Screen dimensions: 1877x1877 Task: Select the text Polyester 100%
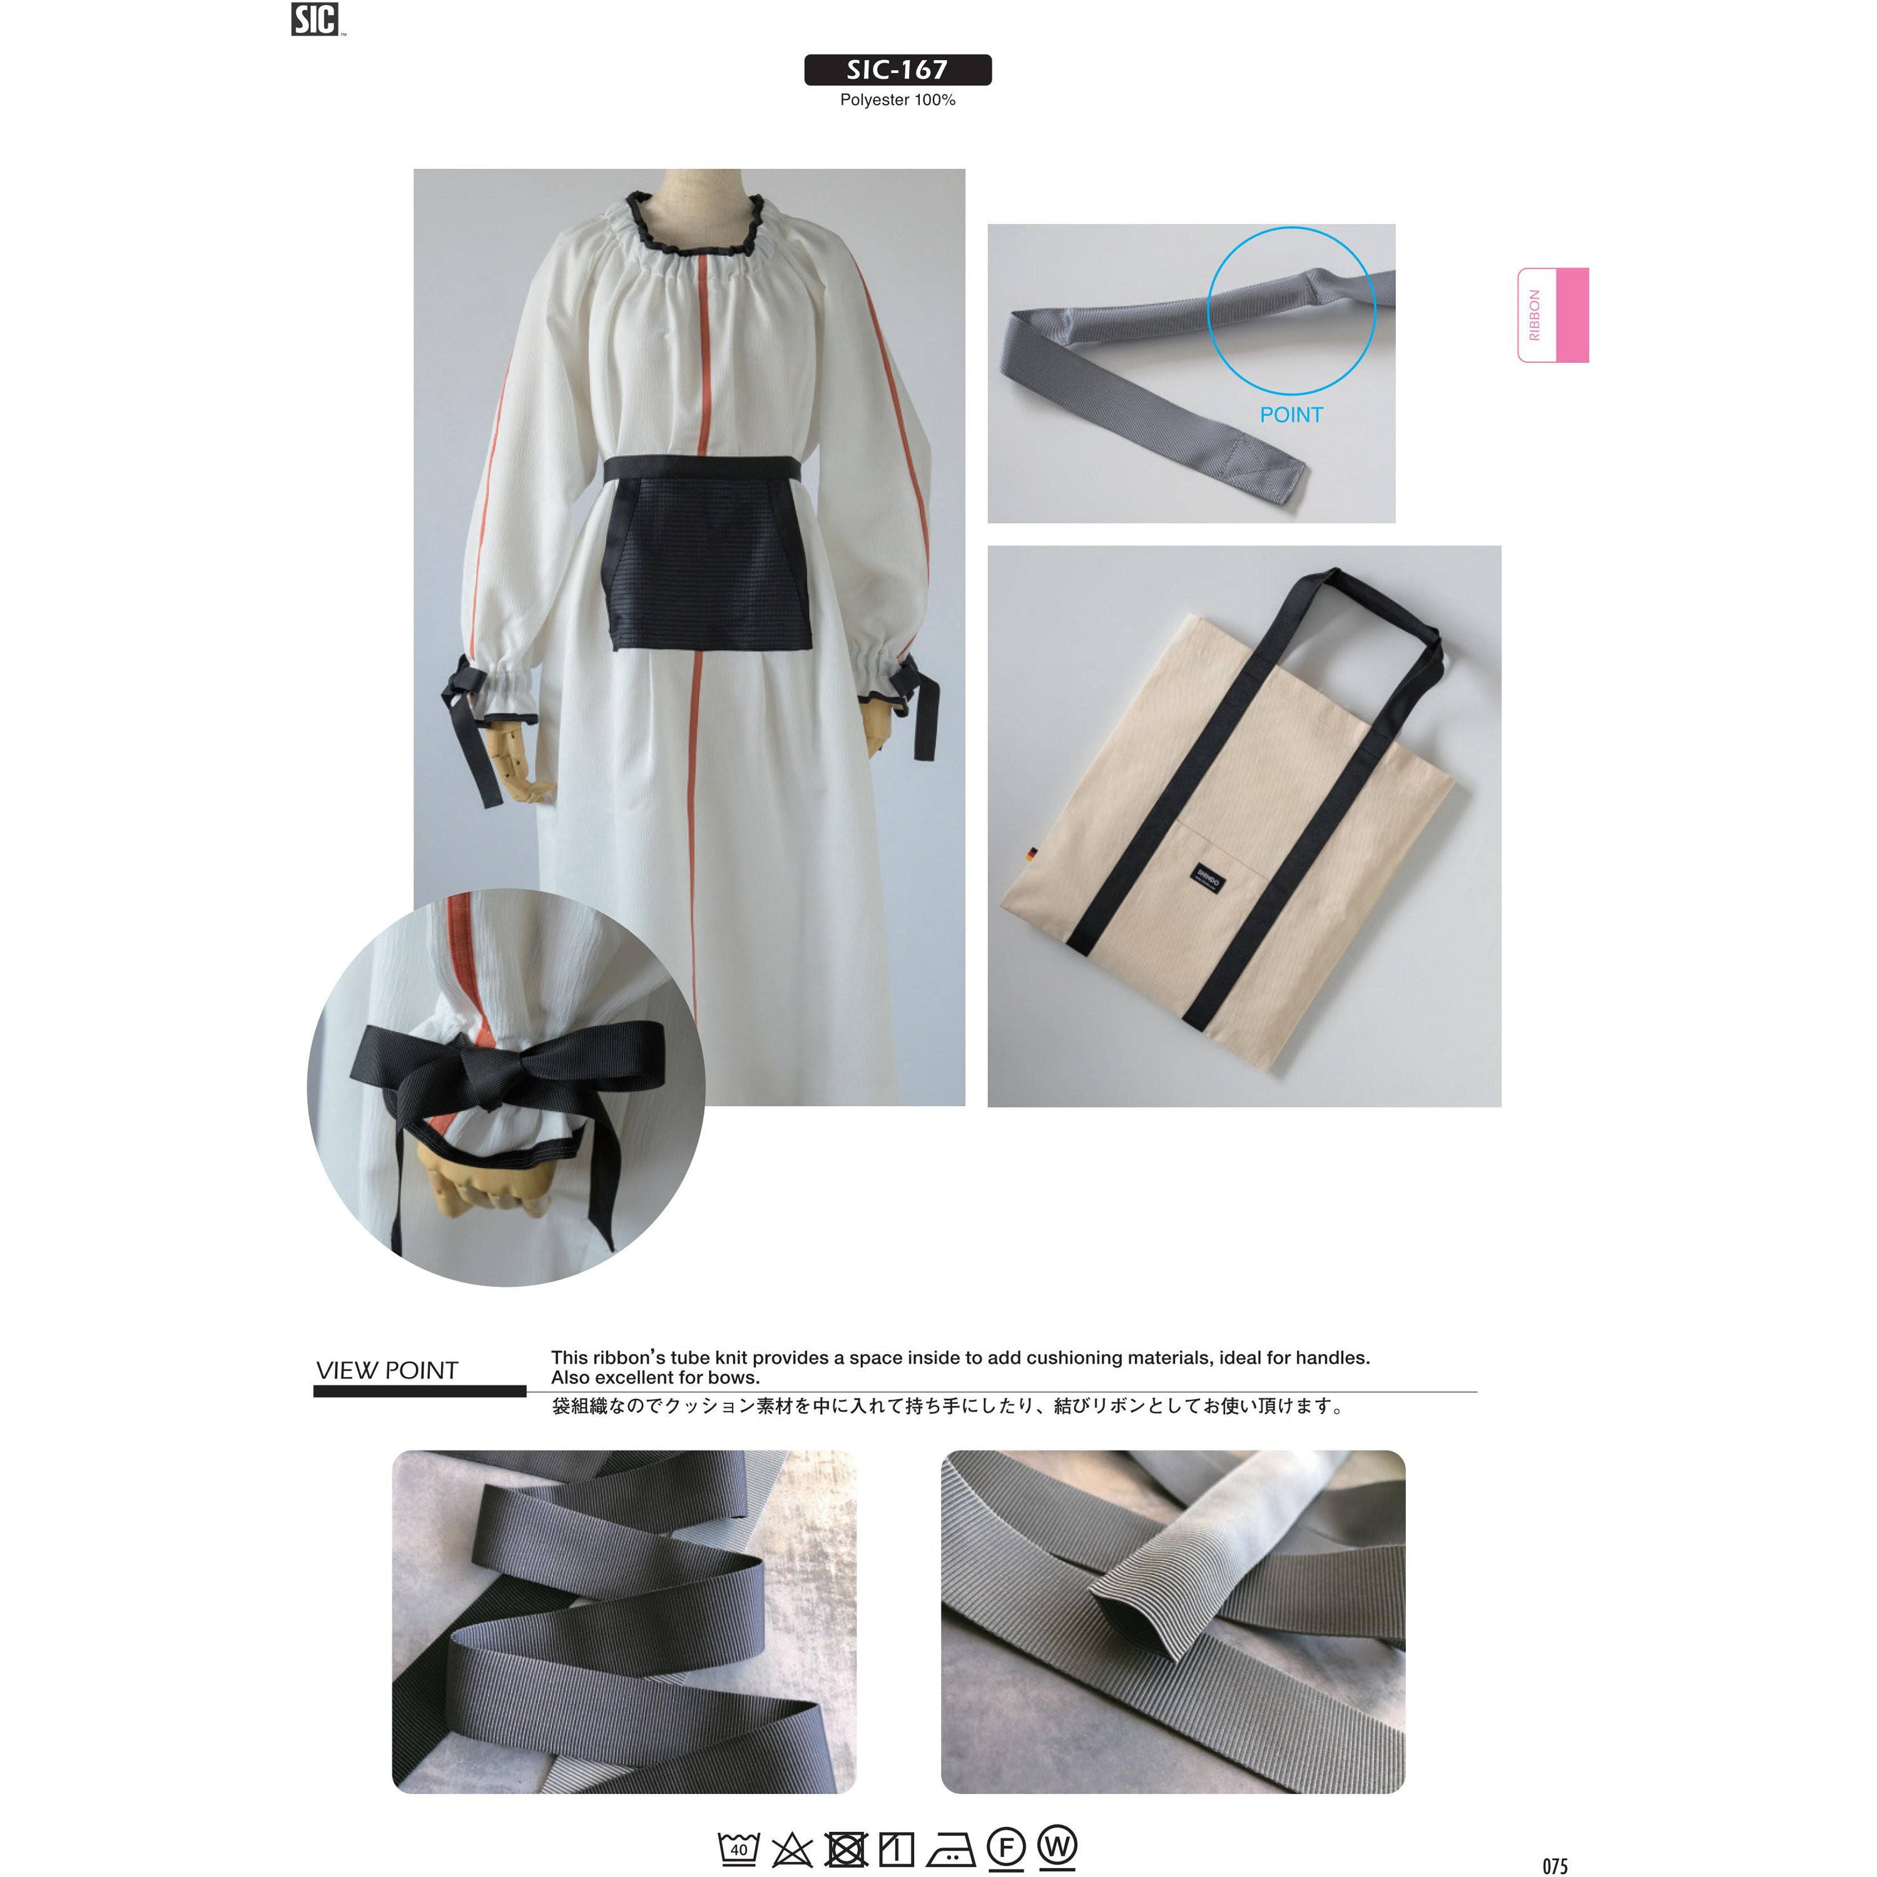(898, 100)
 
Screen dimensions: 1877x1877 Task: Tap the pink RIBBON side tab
(1552, 315)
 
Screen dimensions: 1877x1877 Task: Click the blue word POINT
(1291, 415)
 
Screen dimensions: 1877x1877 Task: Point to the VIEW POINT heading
(387, 1370)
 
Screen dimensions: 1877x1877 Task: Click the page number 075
(1555, 1865)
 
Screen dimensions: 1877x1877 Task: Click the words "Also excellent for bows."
(656, 1378)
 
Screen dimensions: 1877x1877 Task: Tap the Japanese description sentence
(947, 1406)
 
